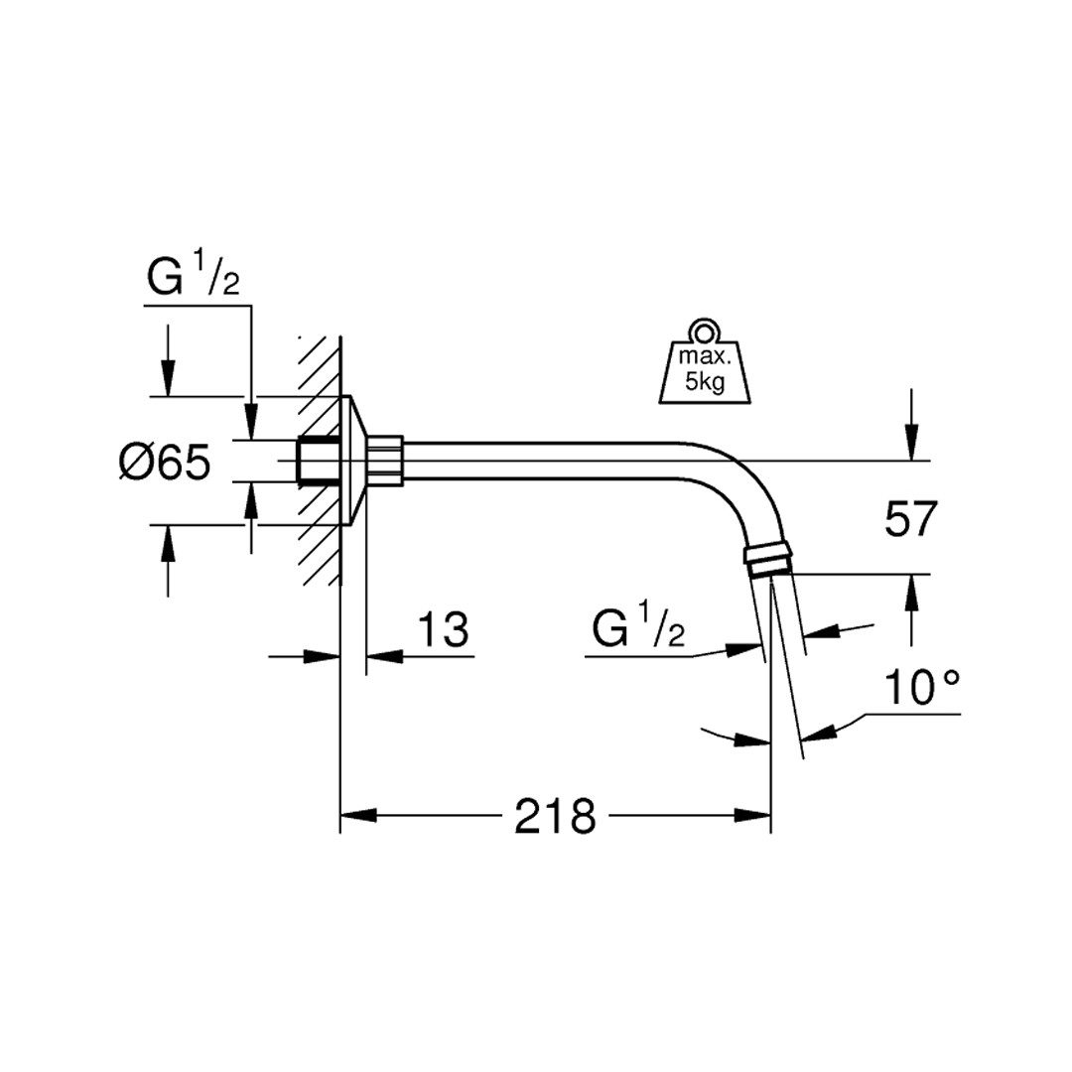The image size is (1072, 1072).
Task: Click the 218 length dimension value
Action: tap(555, 816)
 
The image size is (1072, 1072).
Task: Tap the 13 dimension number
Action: tap(443, 629)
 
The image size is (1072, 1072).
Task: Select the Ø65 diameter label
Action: tap(165, 463)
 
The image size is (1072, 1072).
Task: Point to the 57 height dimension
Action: tap(910, 518)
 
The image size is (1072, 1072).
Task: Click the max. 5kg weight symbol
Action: tap(704, 361)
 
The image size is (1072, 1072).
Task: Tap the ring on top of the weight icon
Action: tap(704, 331)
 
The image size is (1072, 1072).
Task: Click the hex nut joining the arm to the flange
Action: tap(386, 461)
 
